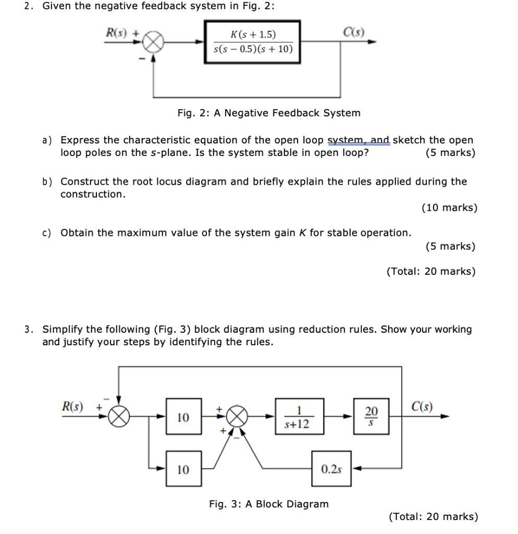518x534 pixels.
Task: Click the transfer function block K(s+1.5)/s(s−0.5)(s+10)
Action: (x=253, y=42)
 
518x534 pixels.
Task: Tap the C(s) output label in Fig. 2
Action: (x=354, y=31)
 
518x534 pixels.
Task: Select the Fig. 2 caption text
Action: (x=268, y=113)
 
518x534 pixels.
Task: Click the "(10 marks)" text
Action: (x=449, y=208)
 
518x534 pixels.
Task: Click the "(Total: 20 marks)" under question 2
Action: (x=431, y=271)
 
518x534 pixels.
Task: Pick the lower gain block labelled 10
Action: (x=182, y=469)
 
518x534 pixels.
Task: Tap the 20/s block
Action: (x=371, y=417)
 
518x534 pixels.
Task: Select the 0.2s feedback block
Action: (x=331, y=469)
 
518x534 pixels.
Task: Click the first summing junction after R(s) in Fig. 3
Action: (x=119, y=417)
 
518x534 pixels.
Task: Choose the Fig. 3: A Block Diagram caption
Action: (x=268, y=504)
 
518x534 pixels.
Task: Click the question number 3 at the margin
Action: (x=28, y=329)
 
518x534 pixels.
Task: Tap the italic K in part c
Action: (x=302, y=233)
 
